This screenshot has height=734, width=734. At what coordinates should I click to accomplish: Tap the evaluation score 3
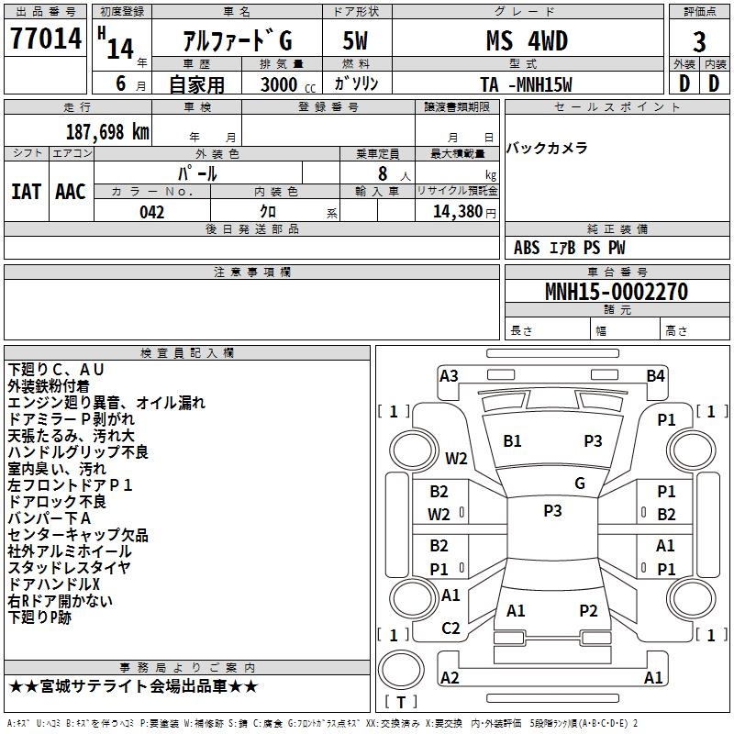point(699,42)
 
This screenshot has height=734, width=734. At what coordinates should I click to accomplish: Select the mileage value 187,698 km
point(107,131)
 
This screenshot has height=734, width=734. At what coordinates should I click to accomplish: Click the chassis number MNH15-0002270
point(616,292)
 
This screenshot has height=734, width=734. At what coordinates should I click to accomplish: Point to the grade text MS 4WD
point(527,41)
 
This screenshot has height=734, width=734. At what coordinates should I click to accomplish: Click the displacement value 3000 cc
point(284,84)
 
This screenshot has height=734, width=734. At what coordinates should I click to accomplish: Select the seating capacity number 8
point(380,173)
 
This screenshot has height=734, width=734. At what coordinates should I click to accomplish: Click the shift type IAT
point(26,192)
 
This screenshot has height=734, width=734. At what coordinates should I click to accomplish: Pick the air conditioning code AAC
point(71,192)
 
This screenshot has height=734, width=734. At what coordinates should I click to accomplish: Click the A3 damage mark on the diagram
point(449,375)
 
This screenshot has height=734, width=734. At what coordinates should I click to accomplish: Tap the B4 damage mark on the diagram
point(655,375)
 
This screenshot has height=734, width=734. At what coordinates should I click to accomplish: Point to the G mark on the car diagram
point(579,484)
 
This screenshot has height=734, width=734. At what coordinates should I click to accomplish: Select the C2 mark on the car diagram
point(450,628)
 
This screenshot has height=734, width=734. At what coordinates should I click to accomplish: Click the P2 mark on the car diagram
point(588,610)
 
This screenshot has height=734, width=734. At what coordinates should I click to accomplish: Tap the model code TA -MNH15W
point(527,84)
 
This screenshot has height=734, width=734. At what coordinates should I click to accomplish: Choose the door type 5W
point(356,41)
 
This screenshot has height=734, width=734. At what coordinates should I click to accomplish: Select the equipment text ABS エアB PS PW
point(570,248)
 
